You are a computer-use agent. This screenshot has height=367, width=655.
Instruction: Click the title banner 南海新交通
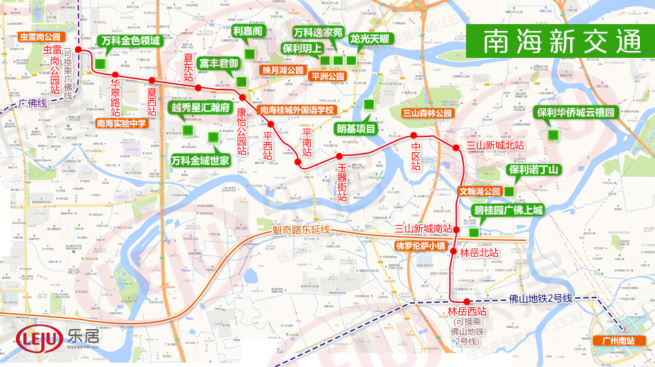[558, 42]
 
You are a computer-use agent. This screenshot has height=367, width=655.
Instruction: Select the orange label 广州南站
[618, 341]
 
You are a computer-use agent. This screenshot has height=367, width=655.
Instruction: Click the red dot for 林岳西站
[467, 302]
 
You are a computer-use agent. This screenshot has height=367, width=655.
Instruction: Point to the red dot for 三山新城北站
[456, 148]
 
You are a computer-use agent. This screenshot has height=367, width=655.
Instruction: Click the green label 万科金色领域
[130, 41]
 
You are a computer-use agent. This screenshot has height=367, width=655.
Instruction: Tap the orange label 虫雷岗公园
[42, 36]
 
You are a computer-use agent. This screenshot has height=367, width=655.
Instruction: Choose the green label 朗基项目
[356, 129]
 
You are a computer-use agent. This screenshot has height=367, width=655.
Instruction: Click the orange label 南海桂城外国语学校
[296, 110]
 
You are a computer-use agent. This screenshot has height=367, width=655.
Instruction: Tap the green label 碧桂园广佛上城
[508, 210]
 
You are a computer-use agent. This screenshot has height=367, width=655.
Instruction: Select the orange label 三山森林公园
[427, 113]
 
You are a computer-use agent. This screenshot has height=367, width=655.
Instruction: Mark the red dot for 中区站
[414, 135]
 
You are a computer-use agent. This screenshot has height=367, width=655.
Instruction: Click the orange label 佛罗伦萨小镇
[421, 245]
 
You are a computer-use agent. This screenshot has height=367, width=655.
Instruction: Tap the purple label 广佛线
[32, 103]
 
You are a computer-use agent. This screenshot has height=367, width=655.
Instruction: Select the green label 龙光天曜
[370, 39]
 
